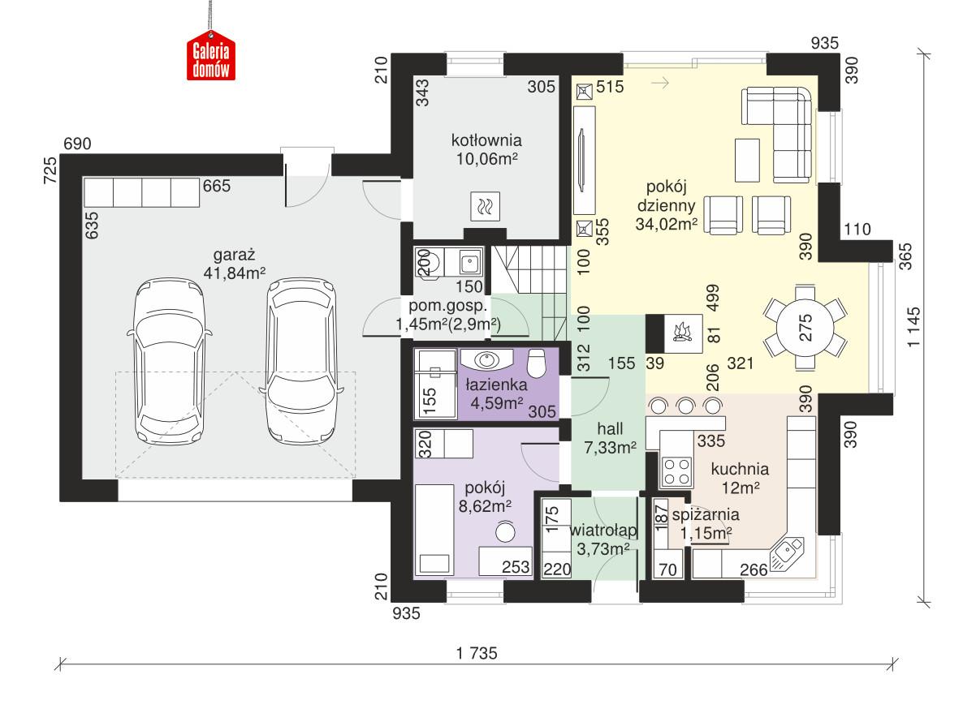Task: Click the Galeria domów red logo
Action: pyautogui.click(x=211, y=59)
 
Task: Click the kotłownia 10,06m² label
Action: pyautogui.click(x=486, y=148)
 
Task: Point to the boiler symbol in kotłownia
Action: pyautogui.click(x=486, y=207)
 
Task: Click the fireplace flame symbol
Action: pyautogui.click(x=680, y=333)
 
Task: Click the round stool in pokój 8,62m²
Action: pyautogui.click(x=507, y=532)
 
